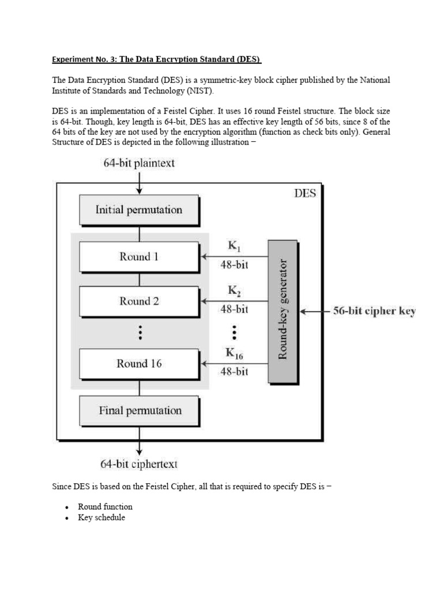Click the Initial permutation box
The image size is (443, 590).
[x=139, y=210]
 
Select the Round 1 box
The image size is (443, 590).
[x=139, y=256]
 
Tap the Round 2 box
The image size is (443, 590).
[x=139, y=301]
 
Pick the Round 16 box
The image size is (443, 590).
[x=139, y=364]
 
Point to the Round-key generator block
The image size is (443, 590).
[x=283, y=311]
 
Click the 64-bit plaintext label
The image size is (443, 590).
[x=139, y=163]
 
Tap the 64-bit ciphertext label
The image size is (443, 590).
[x=139, y=464]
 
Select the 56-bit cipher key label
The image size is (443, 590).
[x=373, y=312]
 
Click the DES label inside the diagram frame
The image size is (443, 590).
[x=305, y=193]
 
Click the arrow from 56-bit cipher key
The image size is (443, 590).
[x=314, y=312]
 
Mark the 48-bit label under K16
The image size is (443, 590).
[x=234, y=372]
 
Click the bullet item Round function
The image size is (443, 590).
[x=106, y=506]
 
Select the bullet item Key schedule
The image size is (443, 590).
[x=102, y=517]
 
